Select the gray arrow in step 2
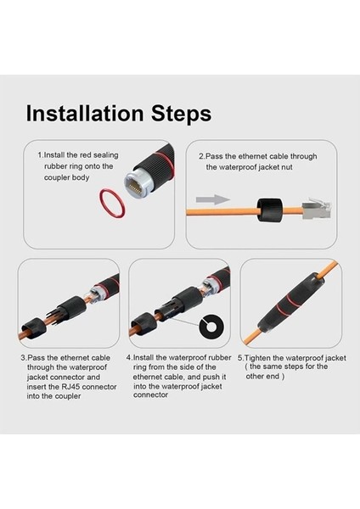click(x=220, y=199)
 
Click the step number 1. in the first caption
click(x=40, y=156)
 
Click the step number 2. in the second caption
click(x=202, y=156)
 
